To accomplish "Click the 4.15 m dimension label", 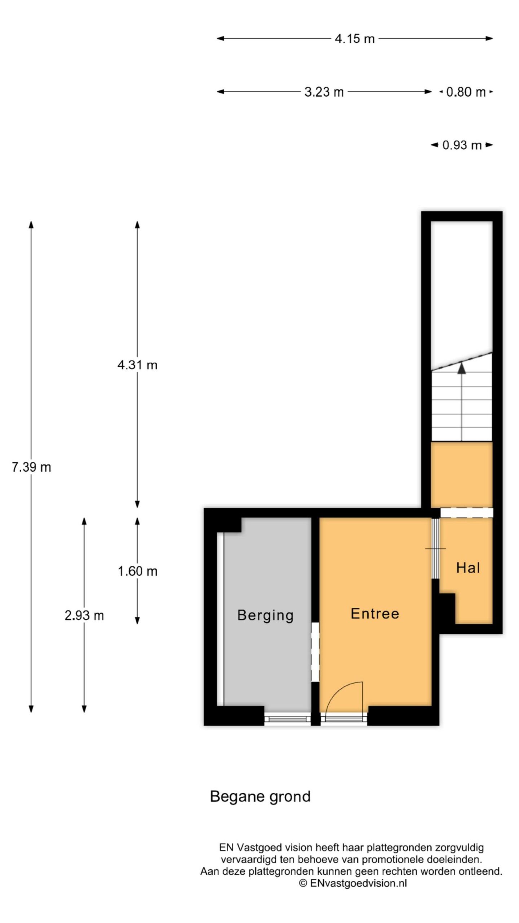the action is tap(355, 39).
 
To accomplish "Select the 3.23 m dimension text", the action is tap(324, 92).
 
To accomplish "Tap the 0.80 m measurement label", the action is tap(466, 92).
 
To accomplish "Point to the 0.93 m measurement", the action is tap(462, 145).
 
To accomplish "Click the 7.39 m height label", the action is tap(31, 467).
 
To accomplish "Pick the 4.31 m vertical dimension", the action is tap(137, 365).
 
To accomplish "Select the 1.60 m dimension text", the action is tap(137, 571).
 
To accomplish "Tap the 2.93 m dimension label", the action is tap(84, 615).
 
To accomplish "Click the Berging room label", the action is tap(265, 615).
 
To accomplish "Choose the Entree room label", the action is tap(375, 613).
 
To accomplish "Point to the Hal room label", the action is tap(468, 568).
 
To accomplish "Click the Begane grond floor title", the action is tap(260, 797).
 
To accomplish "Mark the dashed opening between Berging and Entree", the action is tap(315, 652).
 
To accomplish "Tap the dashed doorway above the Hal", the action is tap(466, 512).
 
